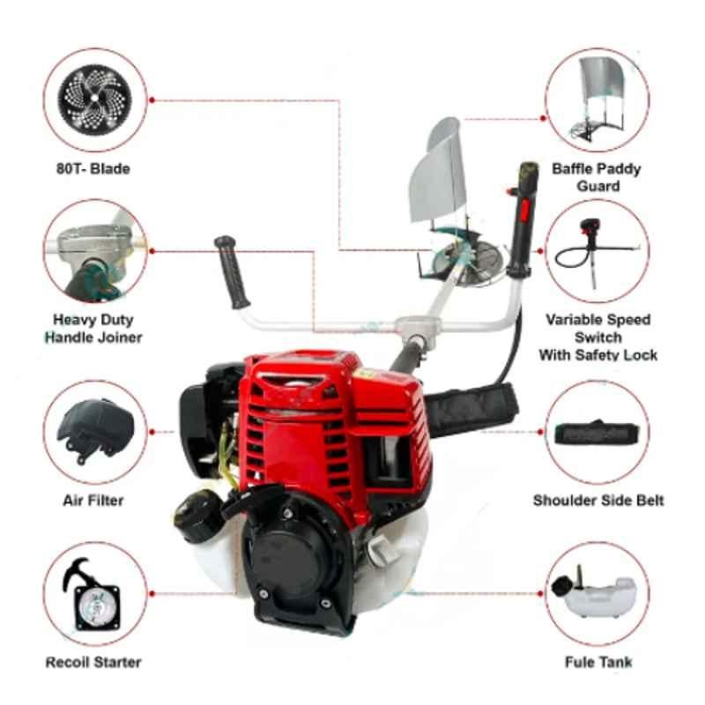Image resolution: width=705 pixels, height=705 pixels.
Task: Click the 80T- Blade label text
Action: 93,169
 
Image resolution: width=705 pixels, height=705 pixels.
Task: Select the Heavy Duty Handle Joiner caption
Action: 93,329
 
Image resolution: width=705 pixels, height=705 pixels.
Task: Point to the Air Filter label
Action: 93,501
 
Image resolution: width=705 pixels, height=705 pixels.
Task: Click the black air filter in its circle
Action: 95,430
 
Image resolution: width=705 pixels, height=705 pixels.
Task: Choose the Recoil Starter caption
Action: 93,663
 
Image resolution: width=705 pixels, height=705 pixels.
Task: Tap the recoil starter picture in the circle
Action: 95,594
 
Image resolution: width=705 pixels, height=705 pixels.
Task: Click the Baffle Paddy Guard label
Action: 597,178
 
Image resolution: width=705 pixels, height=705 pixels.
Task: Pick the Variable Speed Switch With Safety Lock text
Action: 598,338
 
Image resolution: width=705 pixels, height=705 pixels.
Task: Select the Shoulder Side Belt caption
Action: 598,501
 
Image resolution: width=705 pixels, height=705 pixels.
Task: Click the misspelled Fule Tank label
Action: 598,663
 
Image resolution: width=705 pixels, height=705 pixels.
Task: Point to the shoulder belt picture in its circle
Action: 597,432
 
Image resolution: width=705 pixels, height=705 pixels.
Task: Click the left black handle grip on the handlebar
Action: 232,272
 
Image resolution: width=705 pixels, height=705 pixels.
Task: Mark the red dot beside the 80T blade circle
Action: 152,100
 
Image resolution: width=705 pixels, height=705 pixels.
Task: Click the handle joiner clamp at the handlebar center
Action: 417,326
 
